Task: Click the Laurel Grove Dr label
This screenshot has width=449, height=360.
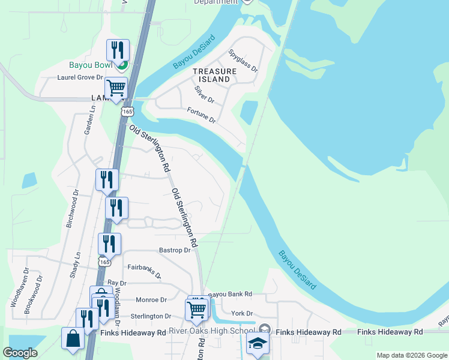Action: [80, 77]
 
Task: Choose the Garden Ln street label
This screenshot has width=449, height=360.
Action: [90, 121]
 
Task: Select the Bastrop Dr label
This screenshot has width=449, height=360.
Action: [175, 250]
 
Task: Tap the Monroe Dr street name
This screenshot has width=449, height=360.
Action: [151, 299]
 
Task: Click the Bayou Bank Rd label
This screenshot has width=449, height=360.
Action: [230, 295]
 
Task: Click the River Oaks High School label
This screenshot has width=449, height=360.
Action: [211, 331]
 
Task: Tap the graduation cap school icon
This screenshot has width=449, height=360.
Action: [258, 344]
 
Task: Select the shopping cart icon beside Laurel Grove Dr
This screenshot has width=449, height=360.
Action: [116, 88]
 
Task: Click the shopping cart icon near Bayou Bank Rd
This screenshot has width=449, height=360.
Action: [197, 309]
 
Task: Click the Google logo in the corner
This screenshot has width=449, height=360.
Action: [20, 353]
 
